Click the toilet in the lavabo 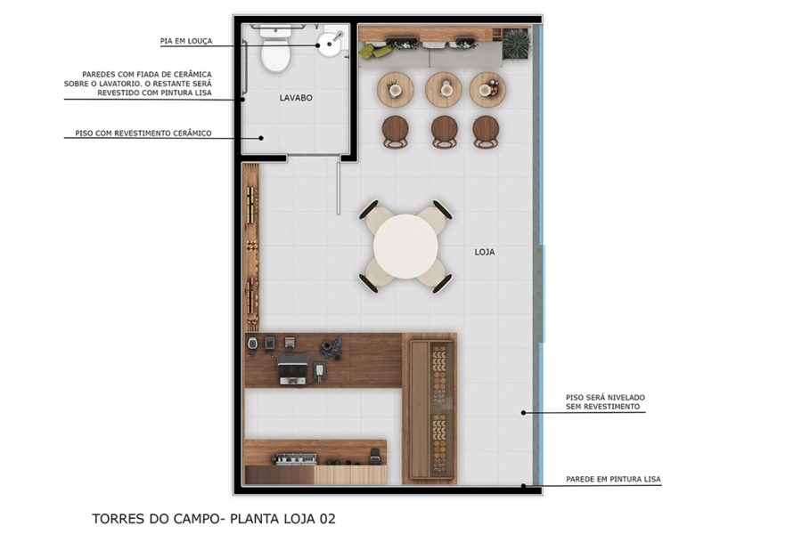click(x=275, y=52)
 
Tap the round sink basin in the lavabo click(x=331, y=42)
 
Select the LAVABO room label click(x=295, y=98)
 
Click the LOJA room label click(x=484, y=252)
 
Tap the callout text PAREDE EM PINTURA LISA click(x=613, y=480)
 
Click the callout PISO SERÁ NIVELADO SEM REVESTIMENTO click(x=604, y=401)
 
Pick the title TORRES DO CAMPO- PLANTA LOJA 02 click(x=214, y=517)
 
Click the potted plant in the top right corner click(x=515, y=44)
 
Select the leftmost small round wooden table click(x=396, y=89)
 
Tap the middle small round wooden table click(x=443, y=89)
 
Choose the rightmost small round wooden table click(x=487, y=89)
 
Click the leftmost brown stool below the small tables click(x=396, y=131)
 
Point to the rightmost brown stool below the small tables click(x=486, y=131)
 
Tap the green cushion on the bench click(x=375, y=52)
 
